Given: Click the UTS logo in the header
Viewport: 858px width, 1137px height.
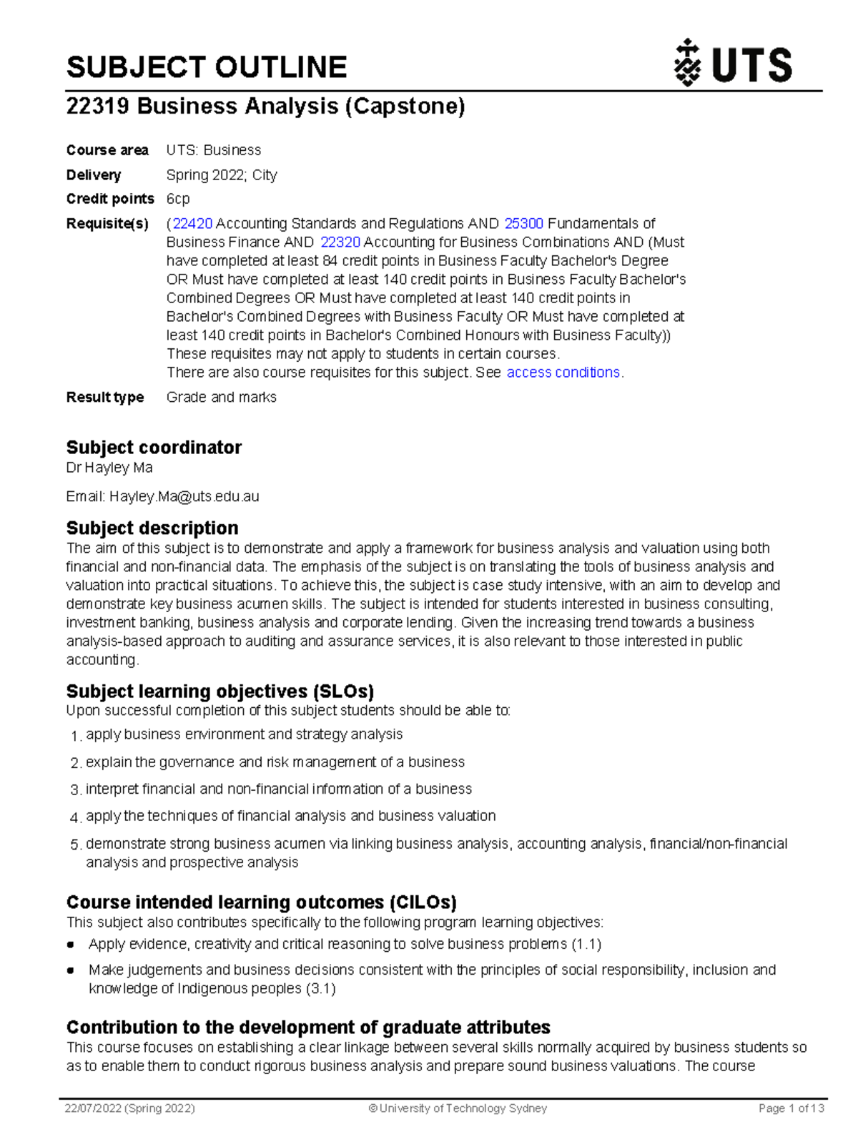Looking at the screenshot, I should pos(733,64).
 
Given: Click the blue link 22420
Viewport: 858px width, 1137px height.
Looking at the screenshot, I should pos(192,224).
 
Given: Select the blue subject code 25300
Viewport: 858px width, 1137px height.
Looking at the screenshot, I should pos(523,224).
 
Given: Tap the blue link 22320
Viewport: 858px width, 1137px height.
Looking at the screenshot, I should pos(340,242).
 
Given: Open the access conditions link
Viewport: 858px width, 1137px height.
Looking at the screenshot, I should pos(563,373).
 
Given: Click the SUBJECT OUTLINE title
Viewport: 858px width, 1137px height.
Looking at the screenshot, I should pos(207,67).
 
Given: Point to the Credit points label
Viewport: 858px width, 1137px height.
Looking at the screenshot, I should pos(110,199).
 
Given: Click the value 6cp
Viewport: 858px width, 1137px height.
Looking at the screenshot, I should pos(178,199).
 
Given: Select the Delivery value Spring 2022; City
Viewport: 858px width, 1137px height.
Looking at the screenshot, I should pos(222,175).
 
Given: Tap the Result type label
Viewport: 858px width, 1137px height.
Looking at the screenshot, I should pos(105,397).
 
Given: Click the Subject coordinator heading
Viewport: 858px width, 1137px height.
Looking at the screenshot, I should pos(154,448).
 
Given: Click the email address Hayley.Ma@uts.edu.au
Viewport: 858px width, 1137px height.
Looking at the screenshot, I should pos(184,496).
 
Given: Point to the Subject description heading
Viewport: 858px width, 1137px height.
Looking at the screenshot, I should pos(152,528).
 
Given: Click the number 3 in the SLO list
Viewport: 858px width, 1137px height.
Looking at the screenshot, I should pos(75,790).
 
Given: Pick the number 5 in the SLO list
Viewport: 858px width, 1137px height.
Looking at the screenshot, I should pos(75,845).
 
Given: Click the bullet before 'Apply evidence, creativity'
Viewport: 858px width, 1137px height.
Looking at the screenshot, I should pos(71,945).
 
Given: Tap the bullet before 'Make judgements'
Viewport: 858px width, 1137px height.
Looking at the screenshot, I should pos(71,970).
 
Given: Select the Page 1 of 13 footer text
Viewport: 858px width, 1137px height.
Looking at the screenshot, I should pos(791,1108).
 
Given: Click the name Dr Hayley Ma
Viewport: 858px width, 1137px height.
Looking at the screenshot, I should pos(109,468).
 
